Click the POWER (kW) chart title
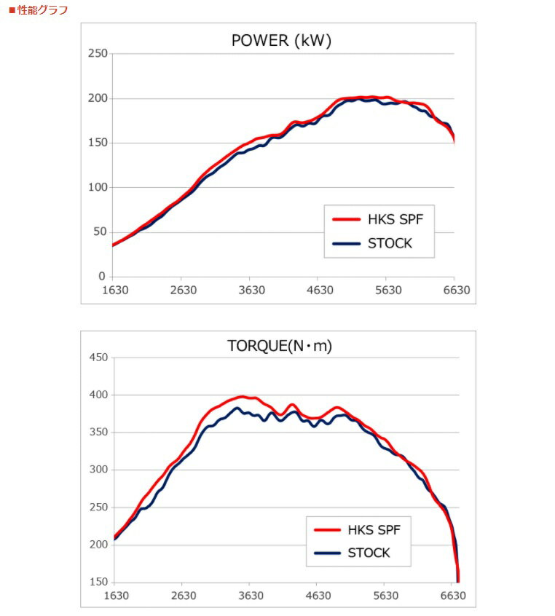pos(281,41)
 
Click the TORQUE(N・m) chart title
pos(280,346)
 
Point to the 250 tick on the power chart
pos(98,54)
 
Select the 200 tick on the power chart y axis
pos(98,98)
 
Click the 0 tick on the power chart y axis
pos(103,277)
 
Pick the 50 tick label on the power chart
pos(100,232)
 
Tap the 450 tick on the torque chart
pos(98,358)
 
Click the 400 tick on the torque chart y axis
pos(98,395)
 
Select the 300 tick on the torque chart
pos(98,470)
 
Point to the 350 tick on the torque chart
pos(98,433)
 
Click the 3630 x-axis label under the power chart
pos(251,290)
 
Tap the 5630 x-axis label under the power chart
pos(387,290)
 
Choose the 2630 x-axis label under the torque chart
pos(184,596)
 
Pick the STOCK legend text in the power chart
pos(390,243)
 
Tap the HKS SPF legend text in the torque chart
pos(374,529)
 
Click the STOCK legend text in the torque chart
pos(369,553)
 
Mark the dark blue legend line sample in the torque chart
pos(327,553)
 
